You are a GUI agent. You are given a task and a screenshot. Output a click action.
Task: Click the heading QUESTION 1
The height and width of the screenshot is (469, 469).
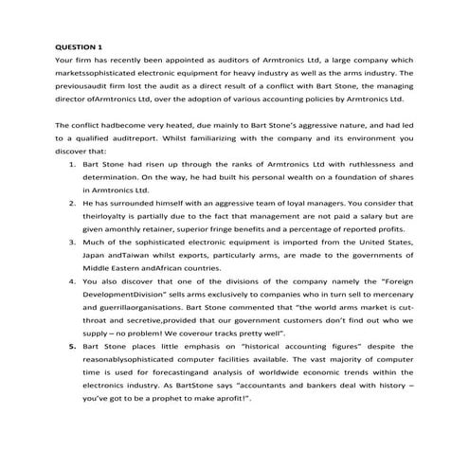click(x=80, y=45)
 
